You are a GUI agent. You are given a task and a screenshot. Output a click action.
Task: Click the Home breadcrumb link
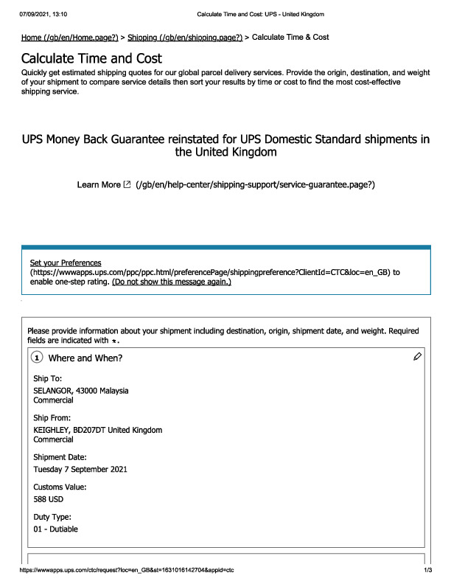70,37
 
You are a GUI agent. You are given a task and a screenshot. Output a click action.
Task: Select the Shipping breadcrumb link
185,37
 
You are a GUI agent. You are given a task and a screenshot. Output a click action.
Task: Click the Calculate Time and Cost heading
91,58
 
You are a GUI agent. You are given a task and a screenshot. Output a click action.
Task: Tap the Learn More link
98,184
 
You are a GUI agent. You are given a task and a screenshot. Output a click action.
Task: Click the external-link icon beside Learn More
127,184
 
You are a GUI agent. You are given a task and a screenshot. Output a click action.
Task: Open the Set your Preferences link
66,263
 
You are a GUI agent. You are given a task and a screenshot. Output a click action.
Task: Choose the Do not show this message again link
172,282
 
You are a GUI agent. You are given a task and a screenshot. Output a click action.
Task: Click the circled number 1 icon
37,358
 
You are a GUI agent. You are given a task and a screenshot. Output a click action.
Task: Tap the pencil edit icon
417,357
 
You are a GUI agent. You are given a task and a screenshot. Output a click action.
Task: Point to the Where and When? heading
85,358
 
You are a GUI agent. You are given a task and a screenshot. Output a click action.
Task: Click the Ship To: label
48,378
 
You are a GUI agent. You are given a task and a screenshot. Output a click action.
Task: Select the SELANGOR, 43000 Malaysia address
81,390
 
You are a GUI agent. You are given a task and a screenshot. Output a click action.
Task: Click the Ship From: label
53,418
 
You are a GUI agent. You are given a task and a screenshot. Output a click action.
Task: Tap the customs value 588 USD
49,499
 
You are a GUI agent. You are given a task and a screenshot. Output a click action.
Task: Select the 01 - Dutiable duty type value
56,529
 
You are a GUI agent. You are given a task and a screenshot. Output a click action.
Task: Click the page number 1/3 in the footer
427,570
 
